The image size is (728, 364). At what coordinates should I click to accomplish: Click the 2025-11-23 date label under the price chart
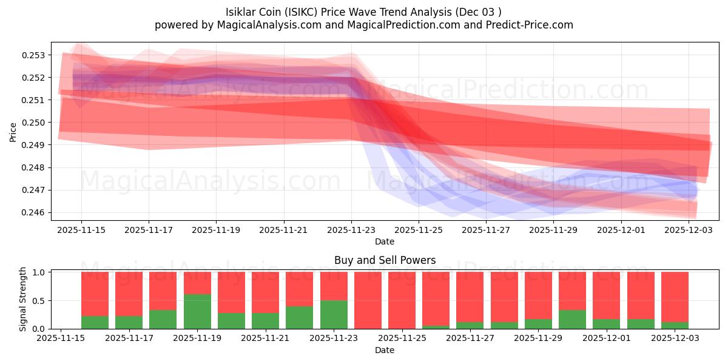click(351, 231)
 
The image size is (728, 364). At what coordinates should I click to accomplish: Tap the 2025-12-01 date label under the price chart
click(621, 231)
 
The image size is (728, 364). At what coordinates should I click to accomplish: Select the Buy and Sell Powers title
click(385, 260)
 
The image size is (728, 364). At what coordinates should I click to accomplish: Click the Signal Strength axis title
click(23, 300)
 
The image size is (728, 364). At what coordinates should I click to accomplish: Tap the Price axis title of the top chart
click(13, 132)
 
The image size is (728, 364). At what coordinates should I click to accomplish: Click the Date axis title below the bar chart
click(385, 350)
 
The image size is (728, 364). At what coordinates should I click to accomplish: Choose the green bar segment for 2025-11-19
click(197, 312)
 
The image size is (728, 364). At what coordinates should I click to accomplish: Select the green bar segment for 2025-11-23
click(334, 315)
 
